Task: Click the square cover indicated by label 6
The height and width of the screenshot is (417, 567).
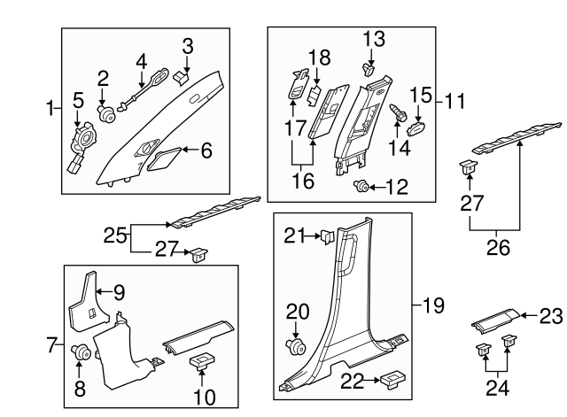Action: [164, 160]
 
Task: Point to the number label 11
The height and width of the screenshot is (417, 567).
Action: [455, 100]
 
